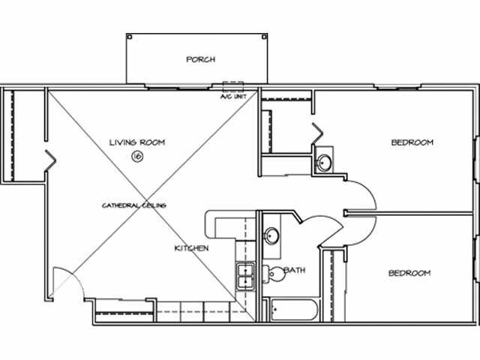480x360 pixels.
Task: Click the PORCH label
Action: [200, 59]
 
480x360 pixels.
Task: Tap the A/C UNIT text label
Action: [232, 96]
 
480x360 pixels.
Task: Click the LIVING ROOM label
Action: [136, 142]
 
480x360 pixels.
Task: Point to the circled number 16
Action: [136, 156]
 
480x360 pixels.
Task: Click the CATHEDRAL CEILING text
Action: [134, 205]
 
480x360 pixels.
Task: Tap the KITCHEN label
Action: [191, 248]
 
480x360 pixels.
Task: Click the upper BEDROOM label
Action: [412, 142]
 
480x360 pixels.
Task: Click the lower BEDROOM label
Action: [409, 273]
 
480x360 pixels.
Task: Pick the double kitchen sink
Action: [245, 276]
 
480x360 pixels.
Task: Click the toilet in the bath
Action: [276, 274]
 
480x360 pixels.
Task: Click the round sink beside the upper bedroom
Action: [325, 162]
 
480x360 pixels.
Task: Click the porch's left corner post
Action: [129, 37]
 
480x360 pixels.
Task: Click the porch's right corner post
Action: [264, 37]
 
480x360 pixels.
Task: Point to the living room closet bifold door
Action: [49, 159]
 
